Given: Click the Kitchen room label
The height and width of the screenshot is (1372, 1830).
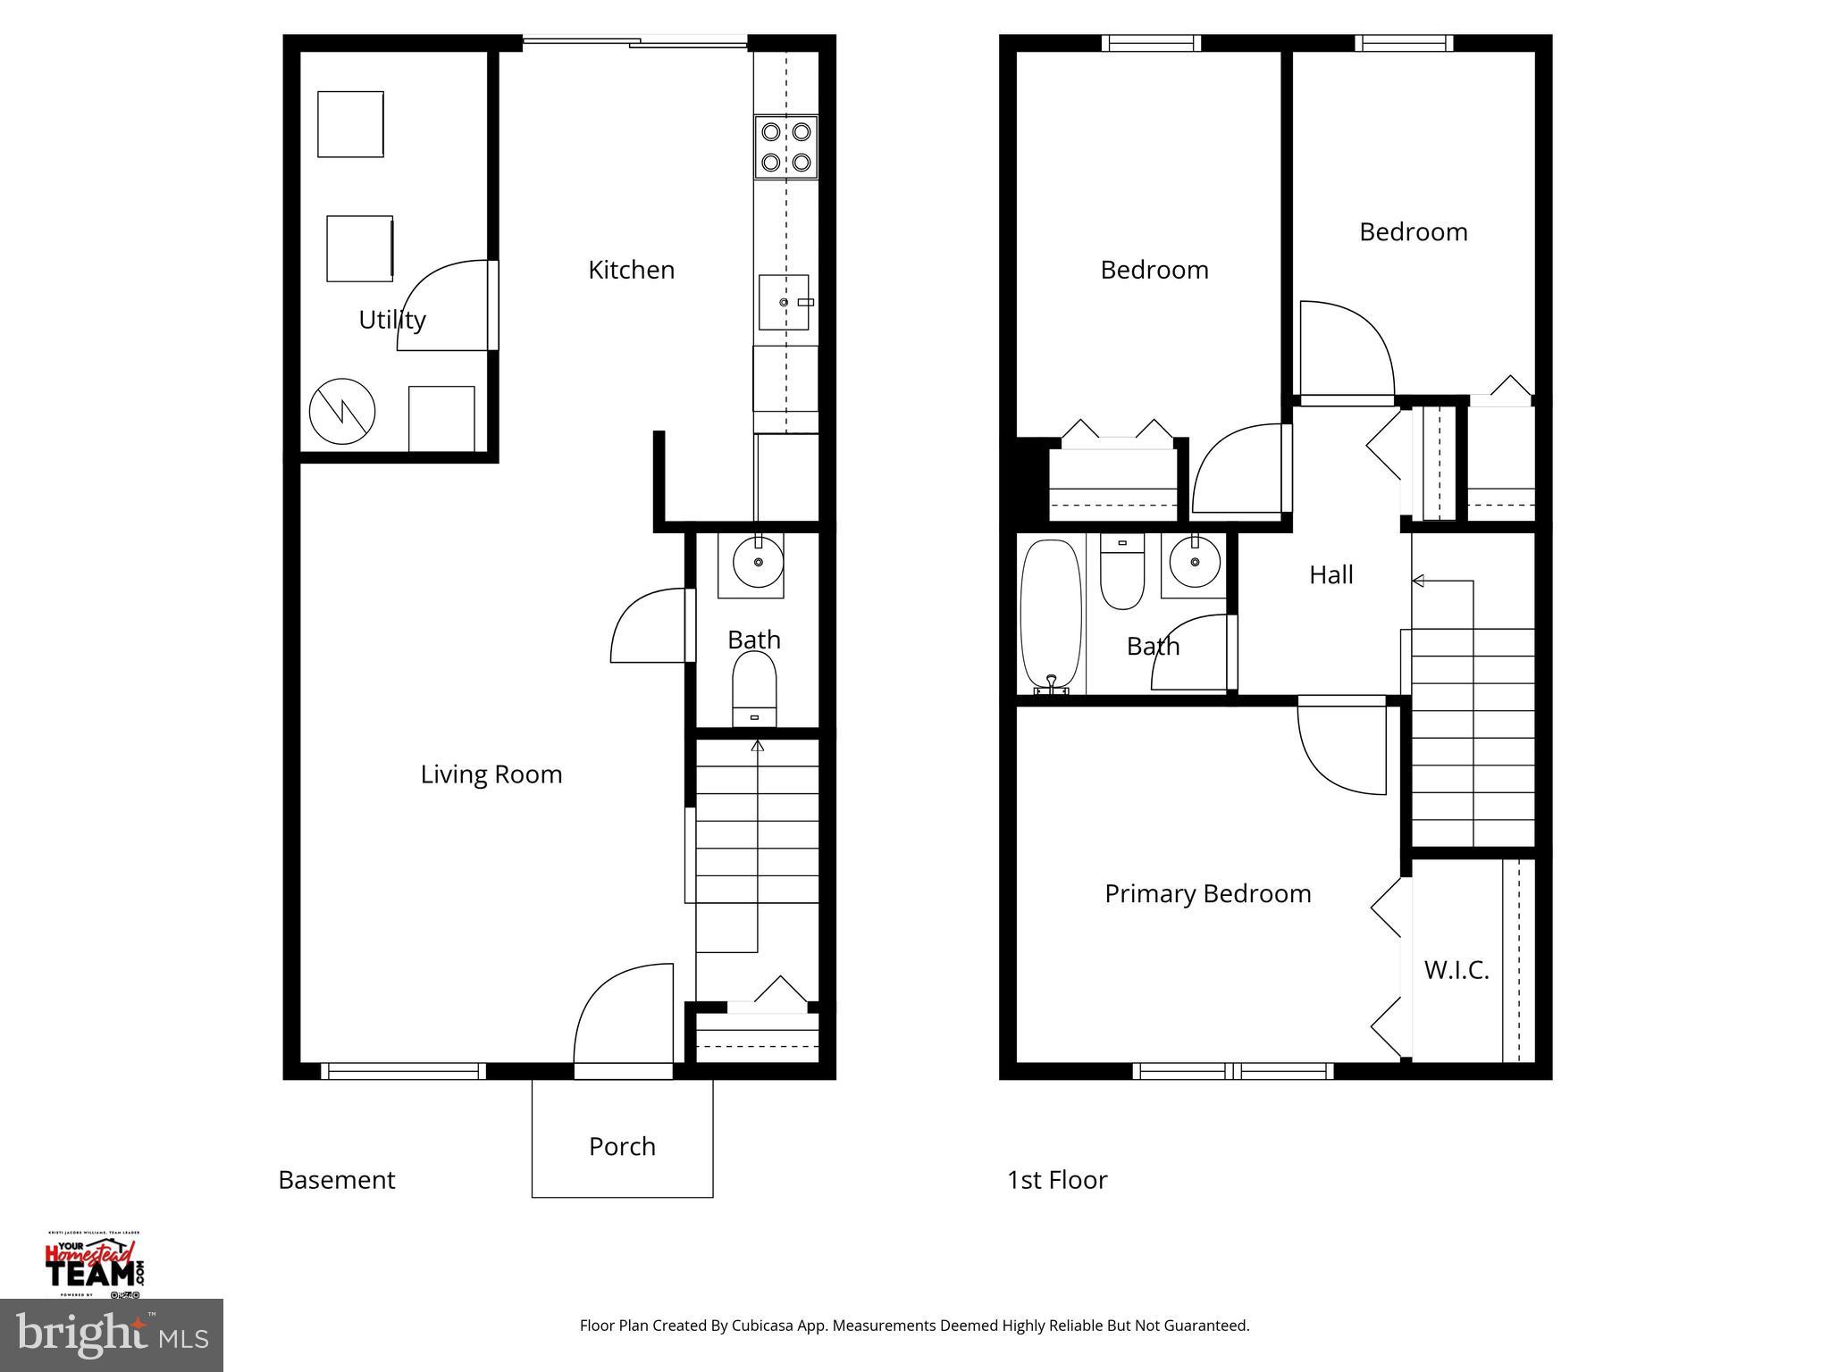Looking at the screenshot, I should pos(631,270).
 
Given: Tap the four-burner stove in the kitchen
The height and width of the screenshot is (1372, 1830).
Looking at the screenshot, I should pos(785,147).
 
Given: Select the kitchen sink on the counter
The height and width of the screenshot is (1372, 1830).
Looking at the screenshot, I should pos(784,303).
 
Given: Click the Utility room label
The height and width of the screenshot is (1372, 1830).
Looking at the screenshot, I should pos(391,320).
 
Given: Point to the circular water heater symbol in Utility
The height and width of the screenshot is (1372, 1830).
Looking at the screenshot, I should pos(342,412).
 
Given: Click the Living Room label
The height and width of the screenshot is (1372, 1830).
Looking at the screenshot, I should pos(491,774).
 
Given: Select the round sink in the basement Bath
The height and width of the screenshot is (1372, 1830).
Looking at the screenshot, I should pos(758,562).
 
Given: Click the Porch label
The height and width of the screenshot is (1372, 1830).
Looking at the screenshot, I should pos(622,1146).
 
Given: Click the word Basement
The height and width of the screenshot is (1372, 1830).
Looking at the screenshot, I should pos(337,1180).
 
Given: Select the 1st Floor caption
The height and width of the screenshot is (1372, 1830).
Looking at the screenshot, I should pos(1057,1180).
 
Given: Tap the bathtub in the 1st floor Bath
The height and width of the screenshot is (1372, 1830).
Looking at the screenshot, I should pos(1051,615).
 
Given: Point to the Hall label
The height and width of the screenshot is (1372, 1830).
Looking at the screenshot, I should pos(1331,575).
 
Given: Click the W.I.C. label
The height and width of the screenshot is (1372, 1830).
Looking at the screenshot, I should pos(1456,970).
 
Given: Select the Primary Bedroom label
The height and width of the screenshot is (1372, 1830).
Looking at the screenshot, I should pos(1207,894).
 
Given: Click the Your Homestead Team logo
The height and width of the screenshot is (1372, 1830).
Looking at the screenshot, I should pos(95,1263).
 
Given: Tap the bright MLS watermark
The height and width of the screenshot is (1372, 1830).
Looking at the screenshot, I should pos(111,1334).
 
